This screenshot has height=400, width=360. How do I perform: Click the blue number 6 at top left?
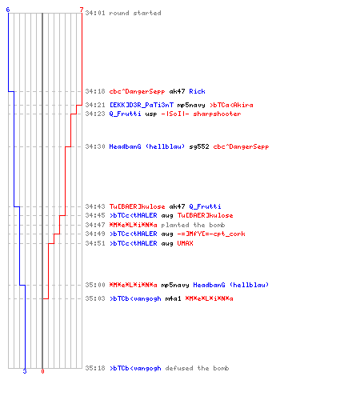click(8, 10)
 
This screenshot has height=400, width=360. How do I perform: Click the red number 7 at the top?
click(82, 10)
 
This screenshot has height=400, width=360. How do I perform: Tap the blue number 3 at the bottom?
click(25, 371)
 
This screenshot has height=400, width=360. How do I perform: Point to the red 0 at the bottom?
click(42, 371)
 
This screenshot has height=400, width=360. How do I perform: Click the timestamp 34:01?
click(95, 13)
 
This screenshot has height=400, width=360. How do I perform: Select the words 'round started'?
click(135, 13)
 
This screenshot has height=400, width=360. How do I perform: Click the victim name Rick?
click(197, 91)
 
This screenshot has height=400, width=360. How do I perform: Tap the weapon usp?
click(151, 114)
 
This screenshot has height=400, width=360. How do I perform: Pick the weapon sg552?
click(199, 146)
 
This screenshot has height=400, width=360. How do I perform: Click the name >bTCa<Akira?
click(231, 105)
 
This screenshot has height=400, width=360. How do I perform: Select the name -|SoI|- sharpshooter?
click(201, 114)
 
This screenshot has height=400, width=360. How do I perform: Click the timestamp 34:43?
click(95, 206)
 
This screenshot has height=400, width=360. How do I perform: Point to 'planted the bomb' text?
click(193, 225)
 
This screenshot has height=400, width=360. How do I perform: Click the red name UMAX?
click(185, 243)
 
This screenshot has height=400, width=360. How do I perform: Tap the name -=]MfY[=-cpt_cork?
click(211, 234)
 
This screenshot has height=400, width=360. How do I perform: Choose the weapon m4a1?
click(173, 298)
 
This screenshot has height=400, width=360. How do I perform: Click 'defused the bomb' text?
click(197, 368)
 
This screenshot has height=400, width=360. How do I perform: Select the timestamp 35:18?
click(95, 368)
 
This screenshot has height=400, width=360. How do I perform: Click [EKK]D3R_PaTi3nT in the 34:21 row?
click(142, 105)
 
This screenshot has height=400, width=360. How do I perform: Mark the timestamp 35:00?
click(95, 285)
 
